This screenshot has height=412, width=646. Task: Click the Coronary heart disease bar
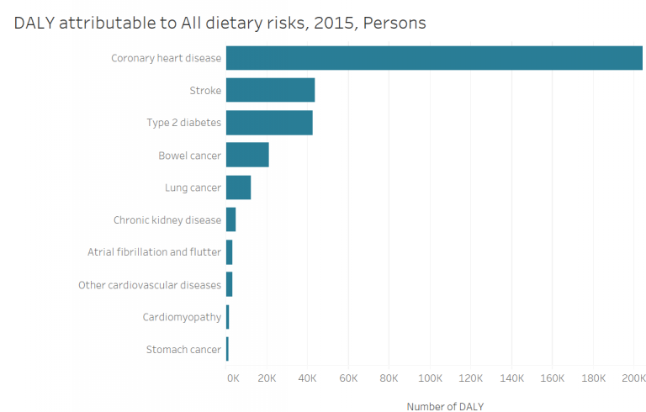coord(434,58)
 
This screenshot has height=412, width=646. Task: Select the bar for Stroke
coord(270,90)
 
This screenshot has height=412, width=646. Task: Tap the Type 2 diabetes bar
coord(269,123)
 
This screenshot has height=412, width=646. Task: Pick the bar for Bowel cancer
coord(247,155)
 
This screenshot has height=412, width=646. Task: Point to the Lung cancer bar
coord(238,188)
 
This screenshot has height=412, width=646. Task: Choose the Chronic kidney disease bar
coord(230,219)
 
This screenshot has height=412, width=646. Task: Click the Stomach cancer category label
coord(183,350)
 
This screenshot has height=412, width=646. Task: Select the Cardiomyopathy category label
coord(182,317)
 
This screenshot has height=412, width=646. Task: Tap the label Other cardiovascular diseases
coord(150,285)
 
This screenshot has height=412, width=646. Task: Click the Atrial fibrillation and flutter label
coord(154,252)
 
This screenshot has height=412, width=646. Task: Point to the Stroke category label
coord(205,91)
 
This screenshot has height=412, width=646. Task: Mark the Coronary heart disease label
coord(166,58)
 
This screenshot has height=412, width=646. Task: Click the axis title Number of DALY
coord(445,406)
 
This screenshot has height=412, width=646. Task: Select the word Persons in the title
coord(395,24)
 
